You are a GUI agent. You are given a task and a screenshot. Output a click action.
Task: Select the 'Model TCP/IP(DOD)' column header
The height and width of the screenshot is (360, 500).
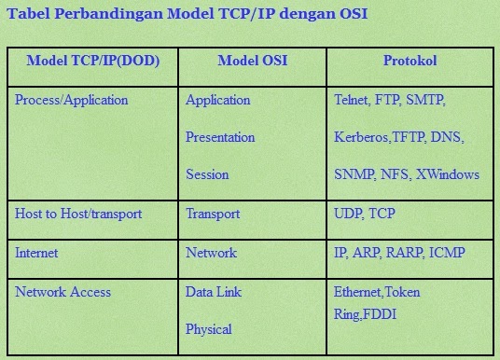coord(92,62)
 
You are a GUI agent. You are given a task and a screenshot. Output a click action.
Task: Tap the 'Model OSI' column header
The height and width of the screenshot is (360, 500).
coord(252,62)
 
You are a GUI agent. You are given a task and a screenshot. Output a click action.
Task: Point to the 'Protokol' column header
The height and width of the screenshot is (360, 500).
coord(410,62)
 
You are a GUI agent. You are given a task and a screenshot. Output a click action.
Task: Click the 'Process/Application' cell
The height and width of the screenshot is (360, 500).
coord(72,100)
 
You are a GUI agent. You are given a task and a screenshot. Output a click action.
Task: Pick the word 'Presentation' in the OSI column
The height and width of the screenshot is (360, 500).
coord(220,137)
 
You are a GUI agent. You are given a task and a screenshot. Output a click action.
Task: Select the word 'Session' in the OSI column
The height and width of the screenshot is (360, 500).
coord(207,174)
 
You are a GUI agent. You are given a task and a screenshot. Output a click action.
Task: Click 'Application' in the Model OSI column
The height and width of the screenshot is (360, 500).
coord(218,100)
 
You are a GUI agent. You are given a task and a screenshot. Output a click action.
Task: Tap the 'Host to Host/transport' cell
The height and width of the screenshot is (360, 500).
coord(78,214)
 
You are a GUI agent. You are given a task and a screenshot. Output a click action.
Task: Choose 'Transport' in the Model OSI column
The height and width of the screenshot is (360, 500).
coord(214,214)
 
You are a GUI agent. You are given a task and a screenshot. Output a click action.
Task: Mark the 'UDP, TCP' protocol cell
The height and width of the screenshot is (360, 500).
coord(364,214)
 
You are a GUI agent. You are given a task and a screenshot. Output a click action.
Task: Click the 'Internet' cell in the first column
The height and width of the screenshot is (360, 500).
coord(36,253)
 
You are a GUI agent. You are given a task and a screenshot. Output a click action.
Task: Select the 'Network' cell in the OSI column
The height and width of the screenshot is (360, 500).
coord(211,253)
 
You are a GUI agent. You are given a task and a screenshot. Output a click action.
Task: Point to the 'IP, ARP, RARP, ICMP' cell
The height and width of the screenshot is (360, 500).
coord(399,253)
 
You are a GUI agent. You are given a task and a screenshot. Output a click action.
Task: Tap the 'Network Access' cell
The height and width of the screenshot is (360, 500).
coord(59,292)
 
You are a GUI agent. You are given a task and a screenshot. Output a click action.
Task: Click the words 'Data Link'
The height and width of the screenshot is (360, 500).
coord(215,292)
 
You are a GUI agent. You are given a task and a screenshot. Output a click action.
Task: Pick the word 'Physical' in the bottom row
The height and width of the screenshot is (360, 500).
coord(209,329)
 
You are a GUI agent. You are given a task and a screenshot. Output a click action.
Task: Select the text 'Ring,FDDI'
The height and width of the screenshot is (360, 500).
coord(365,314)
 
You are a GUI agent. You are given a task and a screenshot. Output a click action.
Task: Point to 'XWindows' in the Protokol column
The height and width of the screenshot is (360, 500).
coord(448,174)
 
